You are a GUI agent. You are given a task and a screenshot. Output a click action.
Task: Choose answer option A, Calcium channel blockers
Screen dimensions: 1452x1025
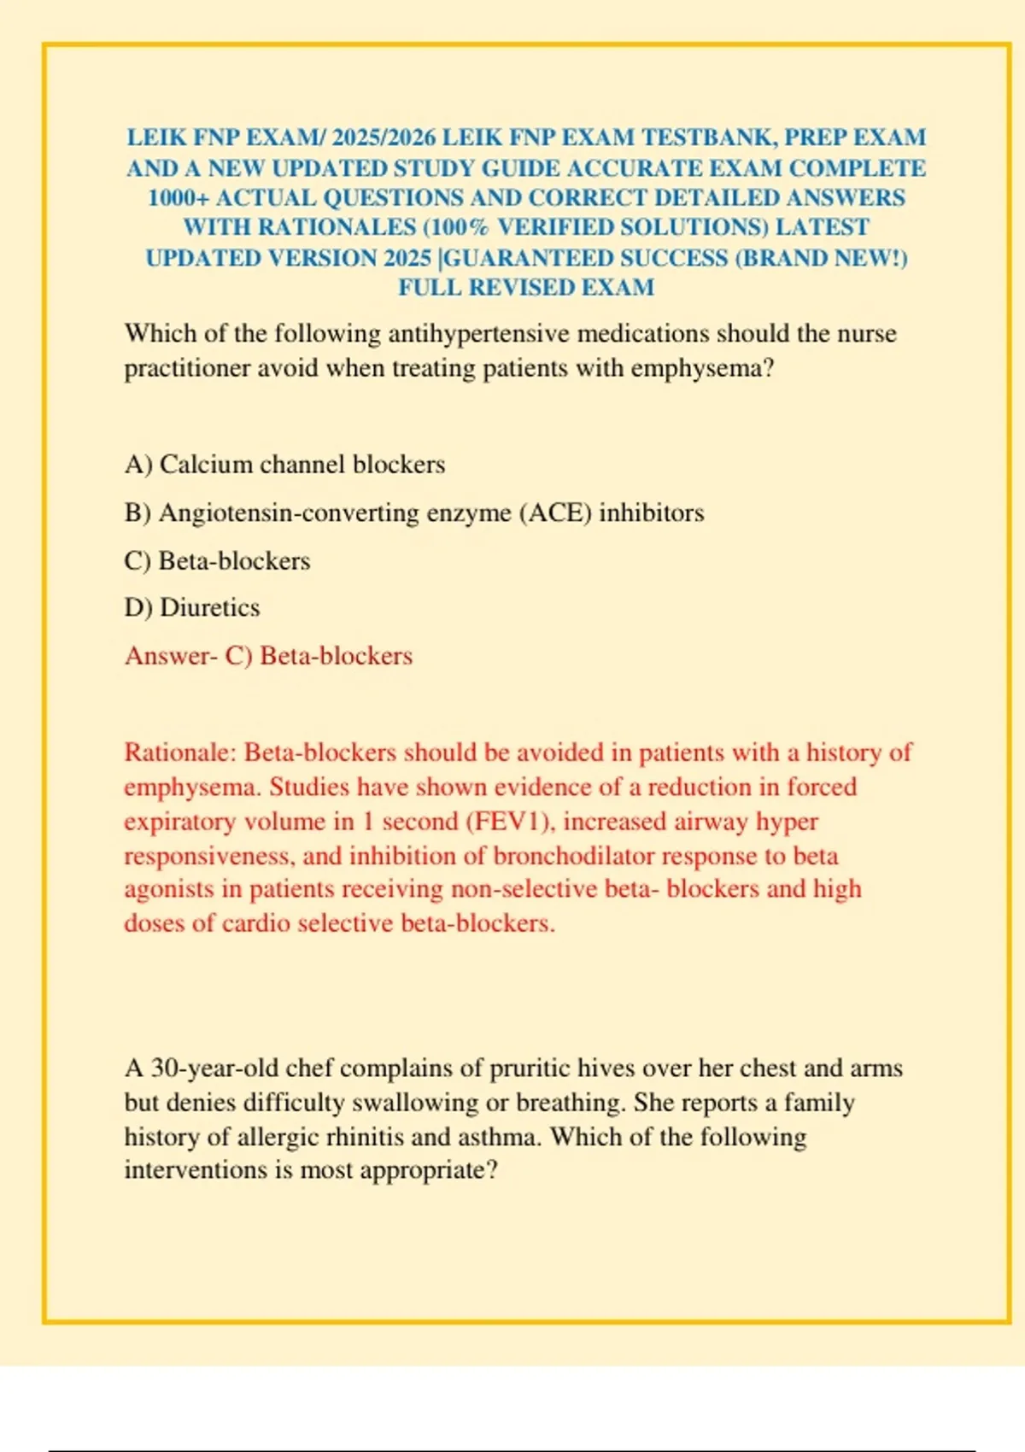pos(284,465)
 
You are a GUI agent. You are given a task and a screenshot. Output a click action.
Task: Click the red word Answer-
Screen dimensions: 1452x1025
pos(171,656)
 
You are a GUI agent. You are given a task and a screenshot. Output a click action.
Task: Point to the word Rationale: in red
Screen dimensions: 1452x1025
pos(179,752)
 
